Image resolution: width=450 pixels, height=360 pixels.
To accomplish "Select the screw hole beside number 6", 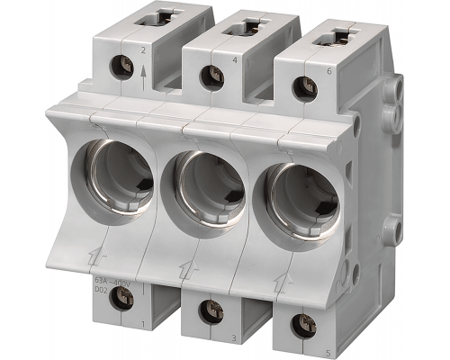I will point(303,87).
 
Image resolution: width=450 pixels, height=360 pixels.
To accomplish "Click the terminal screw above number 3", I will point(211,311).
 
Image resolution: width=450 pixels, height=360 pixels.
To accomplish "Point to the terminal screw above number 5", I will point(304,325).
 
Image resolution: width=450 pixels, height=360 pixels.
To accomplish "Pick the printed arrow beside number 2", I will point(143,69).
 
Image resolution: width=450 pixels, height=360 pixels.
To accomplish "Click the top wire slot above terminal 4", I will point(238,29).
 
